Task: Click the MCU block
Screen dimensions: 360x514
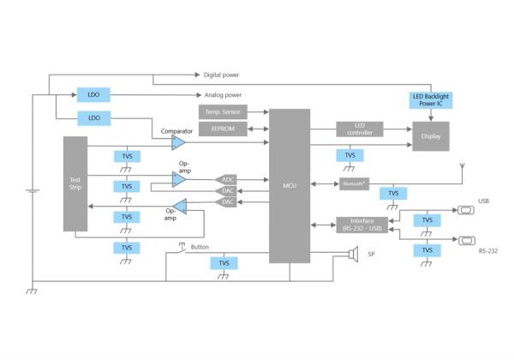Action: click(x=290, y=185)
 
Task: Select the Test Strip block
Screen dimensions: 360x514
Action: click(x=75, y=183)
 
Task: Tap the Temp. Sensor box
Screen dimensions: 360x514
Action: click(x=223, y=112)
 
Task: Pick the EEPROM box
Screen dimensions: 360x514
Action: click(x=223, y=129)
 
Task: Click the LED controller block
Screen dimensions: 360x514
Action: click(x=359, y=129)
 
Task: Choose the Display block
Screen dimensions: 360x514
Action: click(x=430, y=135)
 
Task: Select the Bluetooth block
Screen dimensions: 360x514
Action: click(x=353, y=183)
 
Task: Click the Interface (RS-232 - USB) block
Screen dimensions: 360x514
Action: click(x=362, y=225)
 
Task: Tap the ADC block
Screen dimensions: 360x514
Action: click(x=226, y=180)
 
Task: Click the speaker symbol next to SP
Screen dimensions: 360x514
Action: click(x=352, y=254)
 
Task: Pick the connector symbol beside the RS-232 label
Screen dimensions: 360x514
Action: click(x=465, y=240)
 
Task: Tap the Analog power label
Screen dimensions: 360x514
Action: click(x=223, y=95)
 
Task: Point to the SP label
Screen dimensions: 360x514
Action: click(x=371, y=255)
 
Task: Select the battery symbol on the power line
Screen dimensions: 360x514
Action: click(x=32, y=191)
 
